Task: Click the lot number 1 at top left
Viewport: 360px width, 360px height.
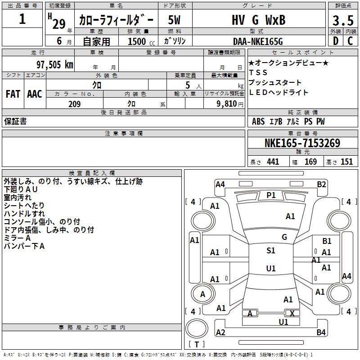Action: click(x=22, y=19)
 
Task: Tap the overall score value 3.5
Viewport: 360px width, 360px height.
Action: click(x=342, y=21)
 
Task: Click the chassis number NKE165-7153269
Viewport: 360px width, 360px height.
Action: click(x=302, y=143)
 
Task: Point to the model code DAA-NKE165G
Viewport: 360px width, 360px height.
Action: click(x=258, y=41)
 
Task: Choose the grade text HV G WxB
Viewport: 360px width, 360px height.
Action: click(x=258, y=20)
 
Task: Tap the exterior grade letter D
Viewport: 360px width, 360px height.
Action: click(x=335, y=41)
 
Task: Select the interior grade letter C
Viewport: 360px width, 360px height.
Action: click(x=350, y=41)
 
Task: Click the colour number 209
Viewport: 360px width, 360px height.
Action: click(x=74, y=104)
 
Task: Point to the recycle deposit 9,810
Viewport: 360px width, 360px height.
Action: click(x=227, y=104)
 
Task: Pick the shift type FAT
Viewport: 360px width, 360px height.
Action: click(x=13, y=94)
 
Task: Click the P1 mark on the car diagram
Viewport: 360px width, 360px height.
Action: click(x=271, y=195)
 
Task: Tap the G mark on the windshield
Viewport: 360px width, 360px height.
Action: click(x=284, y=237)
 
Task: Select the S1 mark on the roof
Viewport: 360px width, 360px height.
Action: click(x=271, y=251)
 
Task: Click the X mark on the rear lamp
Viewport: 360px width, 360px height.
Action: click(x=292, y=313)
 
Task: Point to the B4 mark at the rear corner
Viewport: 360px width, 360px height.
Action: click(x=321, y=333)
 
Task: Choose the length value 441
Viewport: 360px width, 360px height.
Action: click(x=273, y=162)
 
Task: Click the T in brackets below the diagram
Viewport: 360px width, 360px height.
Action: click(x=196, y=345)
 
